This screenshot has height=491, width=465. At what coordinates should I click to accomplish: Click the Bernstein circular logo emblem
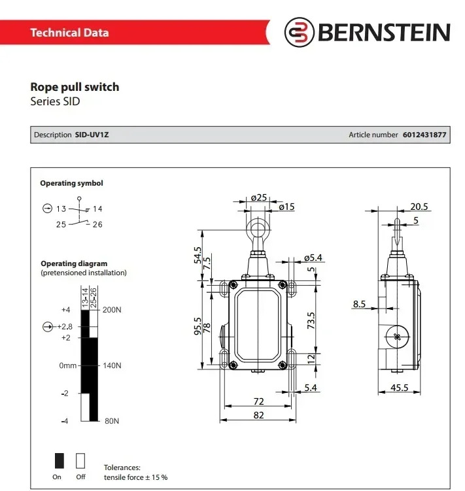pyautogui.click(x=299, y=32)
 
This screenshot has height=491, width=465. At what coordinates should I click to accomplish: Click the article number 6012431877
pyautogui.click(x=424, y=135)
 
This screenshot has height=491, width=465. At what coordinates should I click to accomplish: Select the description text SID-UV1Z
pyautogui.click(x=92, y=135)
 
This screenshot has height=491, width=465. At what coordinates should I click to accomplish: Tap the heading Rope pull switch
pyautogui.click(x=75, y=87)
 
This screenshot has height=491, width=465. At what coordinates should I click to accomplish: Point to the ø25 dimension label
pyautogui.click(x=259, y=197)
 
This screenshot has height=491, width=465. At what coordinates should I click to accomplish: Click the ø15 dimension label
pyautogui.click(x=286, y=207)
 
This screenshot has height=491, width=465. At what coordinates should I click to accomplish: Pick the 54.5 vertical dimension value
pyautogui.click(x=198, y=255)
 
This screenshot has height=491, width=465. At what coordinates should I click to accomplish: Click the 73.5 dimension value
pyautogui.click(x=311, y=320)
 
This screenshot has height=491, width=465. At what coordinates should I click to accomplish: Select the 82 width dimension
pyautogui.click(x=258, y=415)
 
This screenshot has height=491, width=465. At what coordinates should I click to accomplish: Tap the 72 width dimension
pyautogui.click(x=258, y=401)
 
